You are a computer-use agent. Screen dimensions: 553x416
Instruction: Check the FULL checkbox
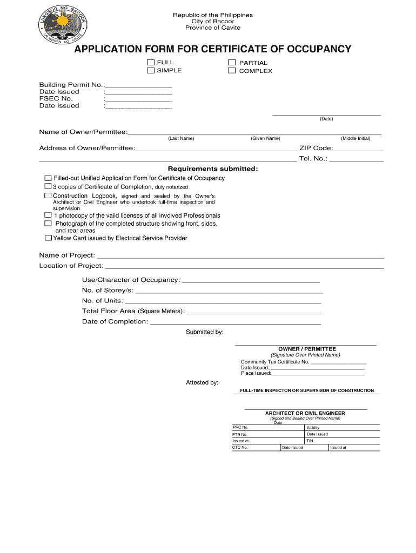pyautogui.click(x=151, y=63)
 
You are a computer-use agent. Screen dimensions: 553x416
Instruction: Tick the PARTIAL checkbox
pyautogui.click(x=232, y=63)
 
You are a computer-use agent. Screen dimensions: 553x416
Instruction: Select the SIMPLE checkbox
pyautogui.click(x=151, y=71)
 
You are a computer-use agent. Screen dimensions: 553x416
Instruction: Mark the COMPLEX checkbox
pyautogui.click(x=232, y=71)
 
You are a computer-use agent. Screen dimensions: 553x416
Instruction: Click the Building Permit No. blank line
pyautogui.click(x=139, y=86)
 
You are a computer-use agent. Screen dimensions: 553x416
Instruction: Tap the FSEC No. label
pyautogui.click(x=56, y=99)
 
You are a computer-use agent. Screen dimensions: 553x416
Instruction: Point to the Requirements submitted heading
pyautogui.click(x=213, y=169)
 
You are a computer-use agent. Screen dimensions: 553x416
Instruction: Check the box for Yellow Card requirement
pyautogui.click(x=49, y=238)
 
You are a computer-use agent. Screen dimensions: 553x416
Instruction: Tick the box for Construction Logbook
pyautogui.click(x=48, y=195)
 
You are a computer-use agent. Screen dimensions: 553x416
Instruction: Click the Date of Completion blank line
pyautogui.click(x=235, y=323)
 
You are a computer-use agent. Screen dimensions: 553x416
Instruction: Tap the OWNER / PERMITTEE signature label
pyautogui.click(x=307, y=349)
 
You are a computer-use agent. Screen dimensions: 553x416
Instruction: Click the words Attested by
pyautogui.click(x=202, y=382)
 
